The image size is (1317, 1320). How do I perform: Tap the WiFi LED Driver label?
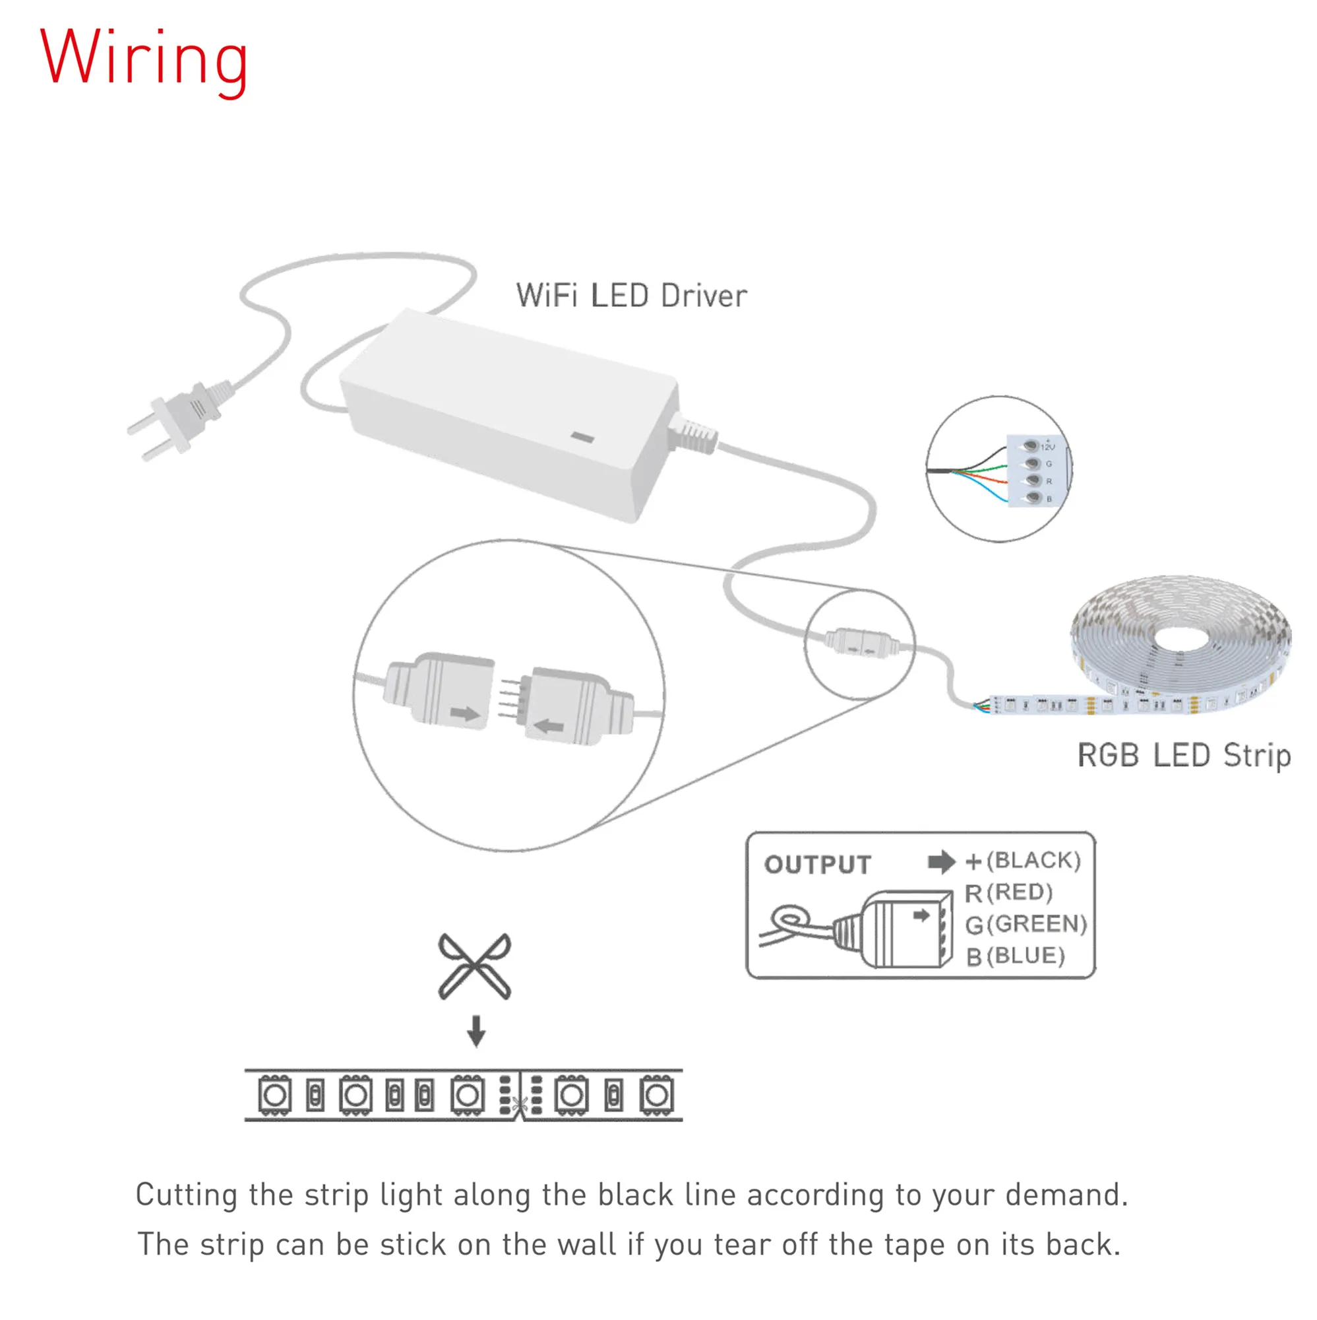tap(631, 296)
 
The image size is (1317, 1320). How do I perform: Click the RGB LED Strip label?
tap(1183, 756)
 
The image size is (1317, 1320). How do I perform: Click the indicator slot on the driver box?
tap(582, 438)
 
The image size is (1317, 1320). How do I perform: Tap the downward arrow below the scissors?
tap(476, 1031)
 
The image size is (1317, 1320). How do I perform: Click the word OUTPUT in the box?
tap(817, 865)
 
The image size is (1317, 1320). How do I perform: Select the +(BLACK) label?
tap(1023, 861)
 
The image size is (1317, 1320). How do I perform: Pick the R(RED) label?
tap(1008, 893)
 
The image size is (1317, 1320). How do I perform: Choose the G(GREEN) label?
tap(1026, 925)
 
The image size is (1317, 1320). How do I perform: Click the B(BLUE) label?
tap(1015, 956)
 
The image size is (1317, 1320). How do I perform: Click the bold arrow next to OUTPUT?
tap(942, 862)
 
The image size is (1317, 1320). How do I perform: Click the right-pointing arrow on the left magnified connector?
tap(465, 714)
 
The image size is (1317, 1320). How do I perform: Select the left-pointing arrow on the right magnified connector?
tap(548, 725)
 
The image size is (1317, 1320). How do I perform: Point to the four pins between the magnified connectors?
tap(510, 698)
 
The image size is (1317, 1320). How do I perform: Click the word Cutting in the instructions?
tap(186, 1195)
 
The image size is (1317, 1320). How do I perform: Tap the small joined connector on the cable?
tap(859, 643)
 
